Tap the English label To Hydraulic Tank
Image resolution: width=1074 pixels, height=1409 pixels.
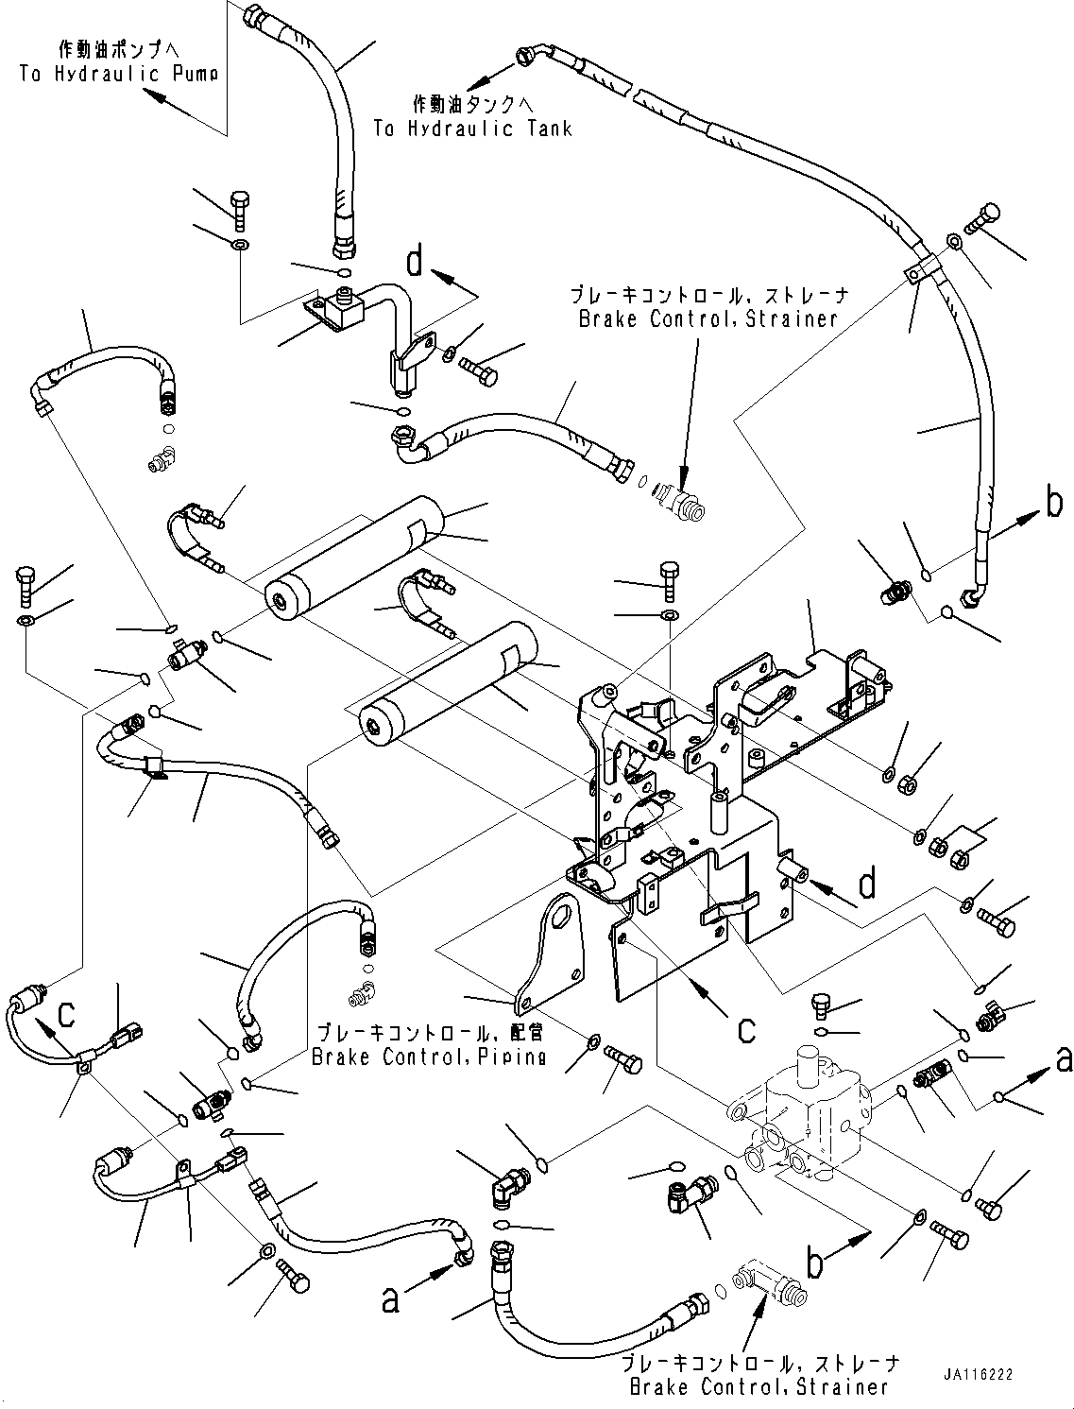pos(472,129)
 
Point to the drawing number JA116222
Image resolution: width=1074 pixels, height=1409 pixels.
pos(976,1374)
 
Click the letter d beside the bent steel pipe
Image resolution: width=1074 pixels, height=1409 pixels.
pos(415,262)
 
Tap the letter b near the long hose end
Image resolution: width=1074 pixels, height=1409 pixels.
pos(1054,503)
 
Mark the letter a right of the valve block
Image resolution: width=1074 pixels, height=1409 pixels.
pos(1064,1060)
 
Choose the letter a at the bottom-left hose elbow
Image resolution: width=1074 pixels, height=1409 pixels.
pos(390,1301)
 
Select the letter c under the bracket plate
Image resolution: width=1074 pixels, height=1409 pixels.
pos(745,1028)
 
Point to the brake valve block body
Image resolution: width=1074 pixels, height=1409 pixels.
pos(803,1115)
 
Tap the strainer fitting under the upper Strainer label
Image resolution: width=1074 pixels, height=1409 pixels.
pos(683,499)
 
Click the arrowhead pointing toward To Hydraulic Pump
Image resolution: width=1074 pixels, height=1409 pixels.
pos(151,92)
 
